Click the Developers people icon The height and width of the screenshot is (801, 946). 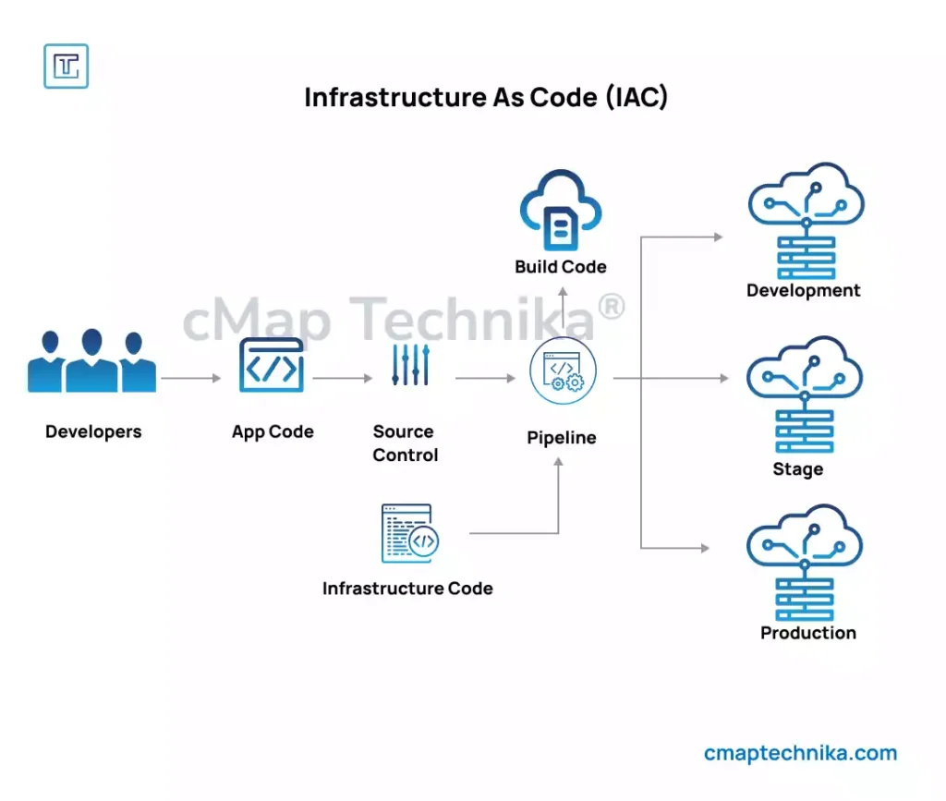tap(91, 362)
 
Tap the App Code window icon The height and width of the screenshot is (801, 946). tap(272, 366)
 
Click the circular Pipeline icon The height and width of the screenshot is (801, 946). tap(563, 370)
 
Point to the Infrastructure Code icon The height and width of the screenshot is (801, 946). tap(409, 533)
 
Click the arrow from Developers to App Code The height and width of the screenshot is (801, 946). tap(191, 378)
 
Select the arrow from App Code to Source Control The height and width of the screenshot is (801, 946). tap(342, 378)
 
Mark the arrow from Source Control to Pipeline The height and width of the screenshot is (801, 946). tap(485, 378)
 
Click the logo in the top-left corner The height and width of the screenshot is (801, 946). tap(67, 67)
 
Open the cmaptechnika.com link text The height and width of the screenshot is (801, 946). tap(800, 753)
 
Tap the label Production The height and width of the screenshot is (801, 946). tap(808, 633)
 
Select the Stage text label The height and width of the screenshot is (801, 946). tap(797, 469)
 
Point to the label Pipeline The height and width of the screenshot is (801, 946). tap(562, 438)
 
